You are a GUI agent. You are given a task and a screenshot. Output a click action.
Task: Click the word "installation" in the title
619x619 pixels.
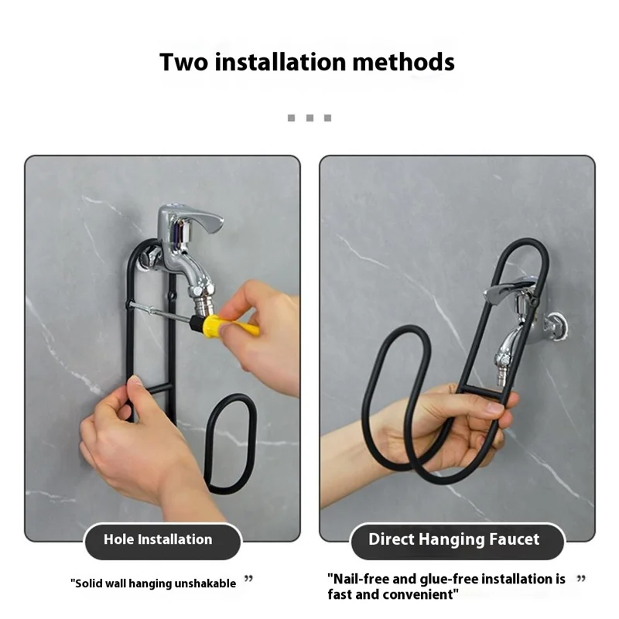tap(284, 61)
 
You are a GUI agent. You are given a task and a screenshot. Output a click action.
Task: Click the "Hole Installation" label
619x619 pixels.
tap(158, 540)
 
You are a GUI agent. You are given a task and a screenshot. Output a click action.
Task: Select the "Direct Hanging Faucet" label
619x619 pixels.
tap(453, 540)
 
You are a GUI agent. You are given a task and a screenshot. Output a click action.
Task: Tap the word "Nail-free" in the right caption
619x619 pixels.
tap(357, 579)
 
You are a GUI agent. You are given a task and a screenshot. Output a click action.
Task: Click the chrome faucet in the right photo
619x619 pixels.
tap(511, 317)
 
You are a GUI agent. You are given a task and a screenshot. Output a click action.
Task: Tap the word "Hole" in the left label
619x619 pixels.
tap(118, 540)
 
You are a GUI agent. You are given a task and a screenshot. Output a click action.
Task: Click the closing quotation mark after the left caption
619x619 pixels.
tap(248, 578)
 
